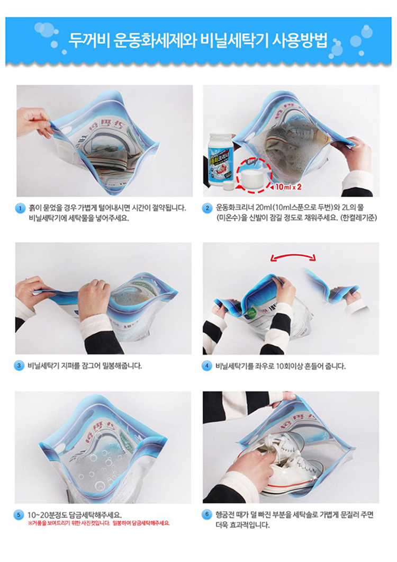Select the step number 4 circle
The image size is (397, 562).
(207, 365)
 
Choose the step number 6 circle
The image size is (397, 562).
(207, 514)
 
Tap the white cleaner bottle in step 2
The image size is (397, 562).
(222, 159)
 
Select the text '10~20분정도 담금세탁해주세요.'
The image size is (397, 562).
(75, 514)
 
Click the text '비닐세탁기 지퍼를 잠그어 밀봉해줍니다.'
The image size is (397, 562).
(85, 365)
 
